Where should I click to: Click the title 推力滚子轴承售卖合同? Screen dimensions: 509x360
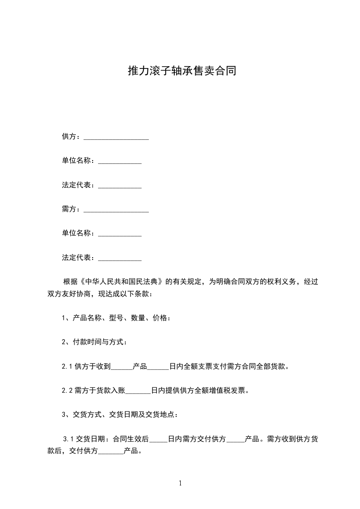pos(182,71)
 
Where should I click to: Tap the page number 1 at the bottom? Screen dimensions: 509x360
pos(180,483)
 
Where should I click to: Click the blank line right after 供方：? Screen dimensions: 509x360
pos(116,137)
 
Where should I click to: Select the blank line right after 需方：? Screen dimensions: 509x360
pos(116,210)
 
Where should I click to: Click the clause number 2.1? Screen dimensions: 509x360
pos(67,367)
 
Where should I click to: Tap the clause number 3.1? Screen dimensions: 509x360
pos(69,439)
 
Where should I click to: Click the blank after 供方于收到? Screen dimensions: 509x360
pos(122,367)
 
